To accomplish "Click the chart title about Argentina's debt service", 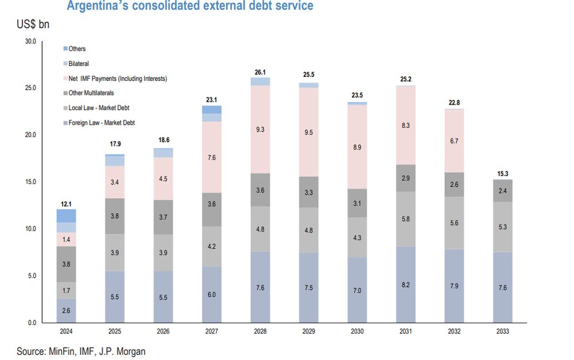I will pyautogui.click(x=190, y=6).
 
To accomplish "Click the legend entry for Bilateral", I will pyautogui.click(x=79, y=64).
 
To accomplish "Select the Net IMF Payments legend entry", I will pyautogui.click(x=118, y=78).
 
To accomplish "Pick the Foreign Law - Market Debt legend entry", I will pyautogui.click(x=102, y=122).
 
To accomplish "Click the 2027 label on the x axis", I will pyautogui.click(x=212, y=331).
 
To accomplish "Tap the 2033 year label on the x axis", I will pyautogui.click(x=503, y=331).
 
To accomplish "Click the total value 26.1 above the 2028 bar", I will pyautogui.click(x=260, y=72).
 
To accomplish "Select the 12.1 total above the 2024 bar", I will pyautogui.click(x=67, y=204).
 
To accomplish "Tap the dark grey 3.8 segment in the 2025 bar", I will pyautogui.click(x=115, y=216).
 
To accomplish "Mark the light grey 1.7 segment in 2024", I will pyautogui.click(x=67, y=290).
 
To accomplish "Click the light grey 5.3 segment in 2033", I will pyautogui.click(x=503, y=227).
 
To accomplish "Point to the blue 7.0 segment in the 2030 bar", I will pyautogui.click(x=357, y=290).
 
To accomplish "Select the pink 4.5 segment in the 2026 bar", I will pyautogui.click(x=164, y=178).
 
